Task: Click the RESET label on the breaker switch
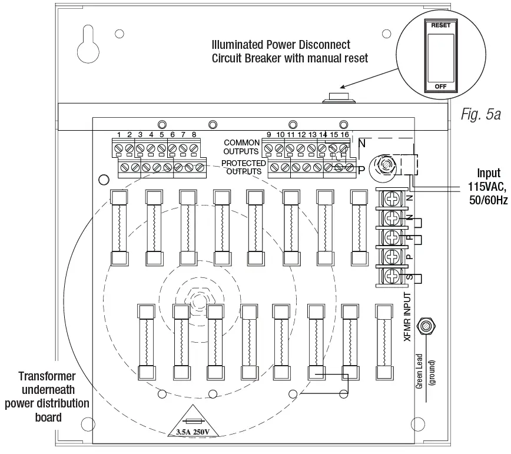pyautogui.click(x=440, y=26)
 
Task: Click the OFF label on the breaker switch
pyautogui.click(x=440, y=86)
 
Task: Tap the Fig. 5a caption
pyautogui.click(x=480, y=114)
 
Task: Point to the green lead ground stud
pyautogui.click(x=424, y=326)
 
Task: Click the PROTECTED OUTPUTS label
pyautogui.click(x=243, y=167)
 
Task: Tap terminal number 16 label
pyautogui.click(x=344, y=135)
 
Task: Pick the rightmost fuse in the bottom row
pyautogui.click(x=384, y=342)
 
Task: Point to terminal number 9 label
pyautogui.click(x=269, y=135)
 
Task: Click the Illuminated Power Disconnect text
pyautogui.click(x=281, y=45)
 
